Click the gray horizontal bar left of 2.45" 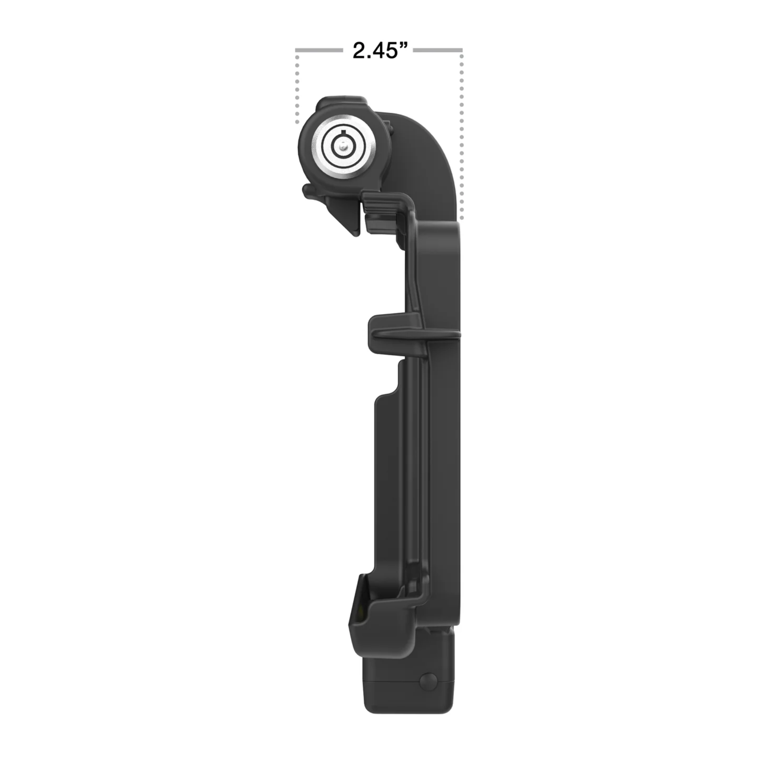318,50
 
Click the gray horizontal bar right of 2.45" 438,50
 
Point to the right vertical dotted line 461,137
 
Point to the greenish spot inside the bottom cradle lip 358,620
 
